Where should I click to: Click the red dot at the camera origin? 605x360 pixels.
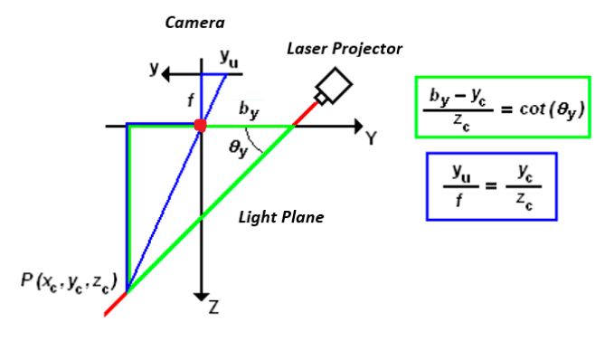point(201,125)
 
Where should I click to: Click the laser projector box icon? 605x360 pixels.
point(332,87)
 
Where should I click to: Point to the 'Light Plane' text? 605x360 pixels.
point(281,217)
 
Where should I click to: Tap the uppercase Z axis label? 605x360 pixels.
point(213,307)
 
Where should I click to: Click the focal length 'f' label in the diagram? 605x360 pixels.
point(190,102)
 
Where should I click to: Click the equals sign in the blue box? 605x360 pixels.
point(491,187)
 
